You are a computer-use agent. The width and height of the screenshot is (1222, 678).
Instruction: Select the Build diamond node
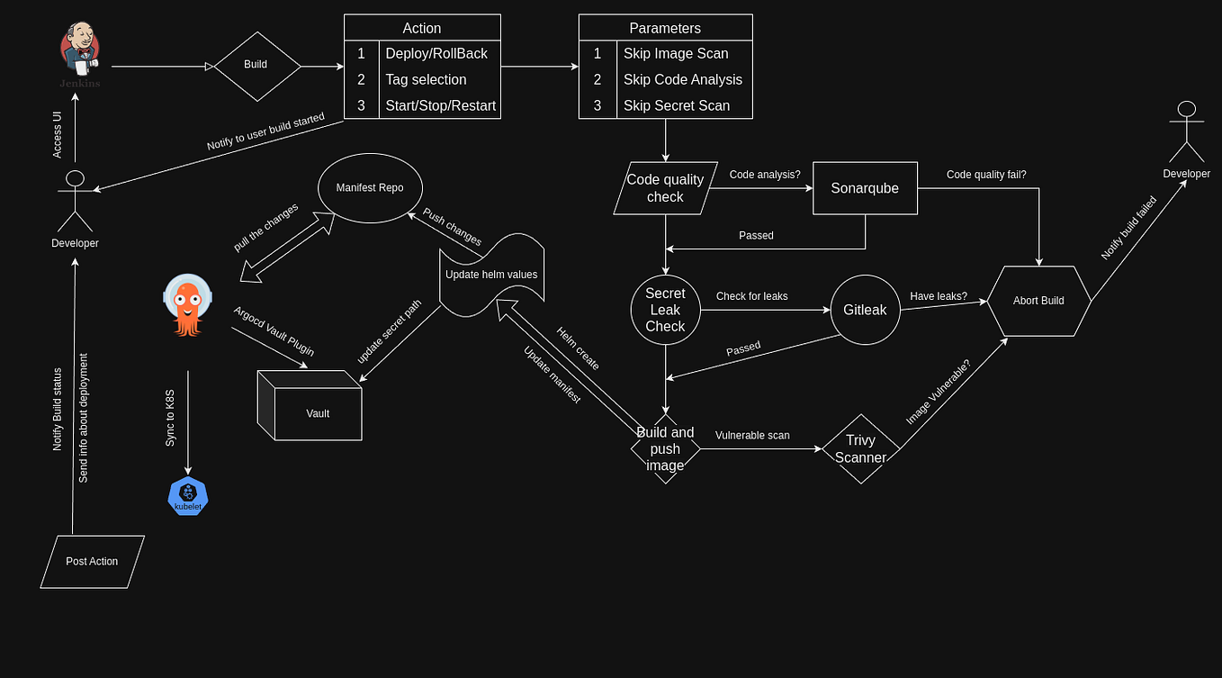tap(256, 66)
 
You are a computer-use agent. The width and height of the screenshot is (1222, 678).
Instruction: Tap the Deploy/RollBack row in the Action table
tap(436, 54)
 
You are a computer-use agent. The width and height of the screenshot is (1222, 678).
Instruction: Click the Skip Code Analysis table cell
tap(682, 79)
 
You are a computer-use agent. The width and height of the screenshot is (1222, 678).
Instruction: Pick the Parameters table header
tap(665, 28)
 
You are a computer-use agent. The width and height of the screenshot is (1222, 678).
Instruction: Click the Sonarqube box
tap(865, 189)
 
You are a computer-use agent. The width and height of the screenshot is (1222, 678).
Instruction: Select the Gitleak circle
tap(865, 310)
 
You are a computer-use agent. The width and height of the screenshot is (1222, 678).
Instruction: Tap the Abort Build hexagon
tap(1038, 301)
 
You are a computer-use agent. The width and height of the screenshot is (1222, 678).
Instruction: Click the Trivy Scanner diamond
tap(861, 448)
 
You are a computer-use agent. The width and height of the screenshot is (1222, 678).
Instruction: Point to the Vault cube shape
tap(310, 410)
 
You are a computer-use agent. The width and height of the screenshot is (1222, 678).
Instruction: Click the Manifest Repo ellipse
tap(370, 188)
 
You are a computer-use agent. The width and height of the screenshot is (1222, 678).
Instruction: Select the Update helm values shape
tap(491, 275)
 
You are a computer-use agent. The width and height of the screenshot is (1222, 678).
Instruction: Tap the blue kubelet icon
tap(188, 497)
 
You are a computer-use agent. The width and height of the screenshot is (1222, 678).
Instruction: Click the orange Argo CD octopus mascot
tap(188, 306)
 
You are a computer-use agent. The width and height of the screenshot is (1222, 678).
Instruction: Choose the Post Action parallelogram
tap(92, 562)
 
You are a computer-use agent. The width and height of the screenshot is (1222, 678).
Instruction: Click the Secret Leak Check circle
tap(665, 310)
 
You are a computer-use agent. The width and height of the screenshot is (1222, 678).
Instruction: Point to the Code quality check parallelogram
tap(665, 188)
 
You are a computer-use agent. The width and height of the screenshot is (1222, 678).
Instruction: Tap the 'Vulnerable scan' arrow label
tap(752, 436)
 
